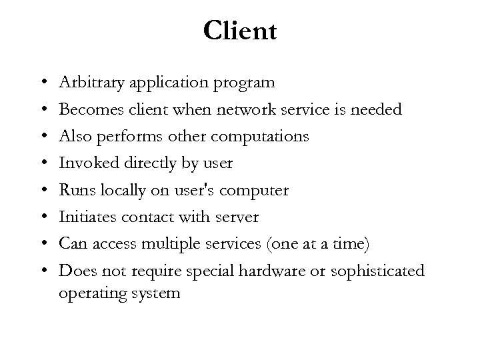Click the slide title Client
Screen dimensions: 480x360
coord(239,30)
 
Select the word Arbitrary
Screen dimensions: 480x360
coord(85,83)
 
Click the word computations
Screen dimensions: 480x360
coord(259,137)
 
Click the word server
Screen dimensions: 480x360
coord(237,218)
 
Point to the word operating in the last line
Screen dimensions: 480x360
coord(91,293)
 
